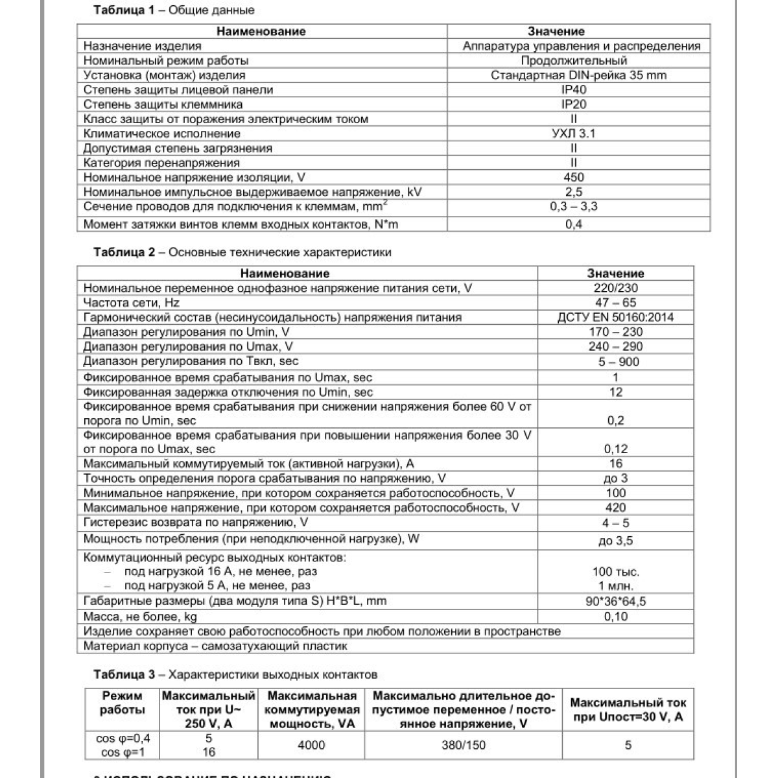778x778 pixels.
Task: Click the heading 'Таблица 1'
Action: (124, 10)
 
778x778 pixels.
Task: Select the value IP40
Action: (574, 89)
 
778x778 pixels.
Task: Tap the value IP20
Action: (574, 104)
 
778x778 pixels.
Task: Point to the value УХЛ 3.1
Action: (574, 134)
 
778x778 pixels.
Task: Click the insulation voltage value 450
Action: (574, 177)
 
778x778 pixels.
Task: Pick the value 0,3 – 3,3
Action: (574, 207)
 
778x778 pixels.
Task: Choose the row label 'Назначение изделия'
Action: (143, 46)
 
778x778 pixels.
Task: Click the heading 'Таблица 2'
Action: (124, 252)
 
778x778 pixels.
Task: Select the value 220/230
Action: (615, 288)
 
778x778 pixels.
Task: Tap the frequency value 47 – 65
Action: (615, 303)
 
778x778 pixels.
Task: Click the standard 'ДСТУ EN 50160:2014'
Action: (615, 318)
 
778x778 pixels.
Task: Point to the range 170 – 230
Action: (615, 332)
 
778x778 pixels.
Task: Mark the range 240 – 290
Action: (615, 346)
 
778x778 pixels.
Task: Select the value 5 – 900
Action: (615, 362)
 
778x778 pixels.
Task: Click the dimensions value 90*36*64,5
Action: (615, 602)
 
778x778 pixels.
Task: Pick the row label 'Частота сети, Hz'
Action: (132, 303)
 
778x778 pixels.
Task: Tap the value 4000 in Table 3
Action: (311, 746)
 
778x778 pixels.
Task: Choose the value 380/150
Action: (463, 746)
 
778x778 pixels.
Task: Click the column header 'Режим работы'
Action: (123, 703)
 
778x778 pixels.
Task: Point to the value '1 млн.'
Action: (615, 585)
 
